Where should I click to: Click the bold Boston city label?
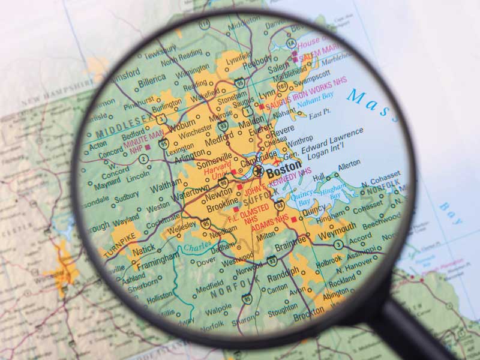point(284,172)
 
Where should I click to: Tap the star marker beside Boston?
point(259,172)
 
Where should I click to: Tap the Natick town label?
point(143,248)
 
